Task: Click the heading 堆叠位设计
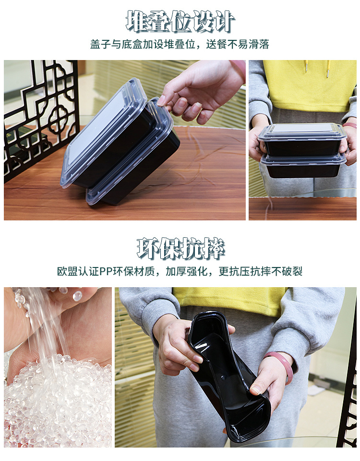(x=180, y=21)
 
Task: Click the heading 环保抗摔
(x=180, y=248)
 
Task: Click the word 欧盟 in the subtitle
(x=67, y=271)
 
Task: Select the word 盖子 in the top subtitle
(x=100, y=44)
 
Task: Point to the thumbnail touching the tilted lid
(x=161, y=101)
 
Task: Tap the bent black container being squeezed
(x=228, y=376)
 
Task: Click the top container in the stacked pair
(x=302, y=139)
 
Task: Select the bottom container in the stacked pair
(x=303, y=166)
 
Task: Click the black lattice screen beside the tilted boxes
(x=41, y=118)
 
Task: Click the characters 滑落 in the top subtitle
(x=259, y=44)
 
